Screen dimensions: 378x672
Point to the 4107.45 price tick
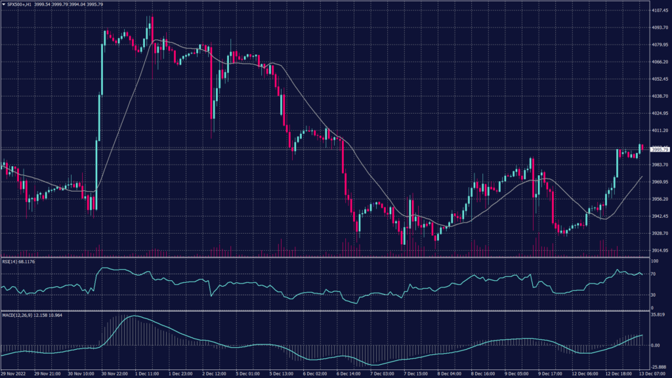point(660,10)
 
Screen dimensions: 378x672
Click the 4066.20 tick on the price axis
point(660,62)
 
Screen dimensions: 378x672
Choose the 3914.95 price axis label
point(660,250)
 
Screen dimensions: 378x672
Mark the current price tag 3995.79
point(660,150)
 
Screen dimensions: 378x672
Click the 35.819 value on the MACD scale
point(659,316)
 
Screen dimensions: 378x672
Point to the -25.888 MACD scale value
point(659,367)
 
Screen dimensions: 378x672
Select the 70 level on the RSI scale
point(653,274)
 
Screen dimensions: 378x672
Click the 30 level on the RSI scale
point(653,295)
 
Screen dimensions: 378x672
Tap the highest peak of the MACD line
point(133,316)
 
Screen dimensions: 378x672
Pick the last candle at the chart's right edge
point(641,147)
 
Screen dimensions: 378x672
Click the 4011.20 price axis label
point(660,130)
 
